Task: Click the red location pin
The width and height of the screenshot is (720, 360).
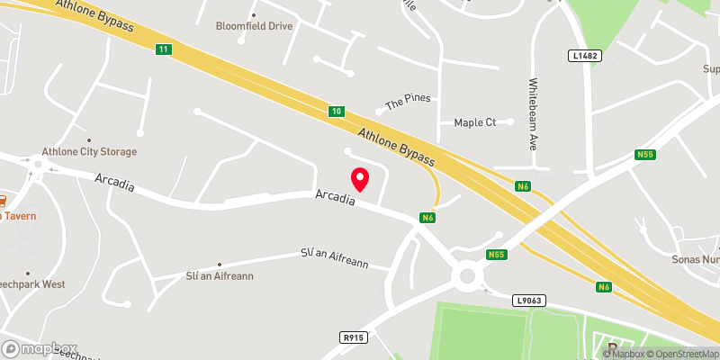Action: [x=360, y=178]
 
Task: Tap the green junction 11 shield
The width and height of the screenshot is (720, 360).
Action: [x=162, y=49]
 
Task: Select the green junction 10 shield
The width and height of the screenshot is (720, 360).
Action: [x=336, y=112]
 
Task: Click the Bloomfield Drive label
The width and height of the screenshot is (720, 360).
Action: [x=255, y=26]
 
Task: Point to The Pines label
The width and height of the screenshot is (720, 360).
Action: [x=409, y=103]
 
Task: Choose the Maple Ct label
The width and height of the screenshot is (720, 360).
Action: [x=475, y=121]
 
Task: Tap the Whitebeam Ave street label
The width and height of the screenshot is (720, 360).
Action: [x=533, y=112]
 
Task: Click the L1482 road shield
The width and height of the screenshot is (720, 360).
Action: [x=585, y=56]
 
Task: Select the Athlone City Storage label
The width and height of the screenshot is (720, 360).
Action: [x=89, y=152]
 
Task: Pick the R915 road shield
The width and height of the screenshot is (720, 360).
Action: [x=353, y=337]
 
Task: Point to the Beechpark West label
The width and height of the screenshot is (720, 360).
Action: [x=33, y=284]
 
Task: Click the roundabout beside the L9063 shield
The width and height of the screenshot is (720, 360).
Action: [x=467, y=276]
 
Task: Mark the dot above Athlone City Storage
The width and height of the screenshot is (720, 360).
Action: [x=89, y=139]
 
